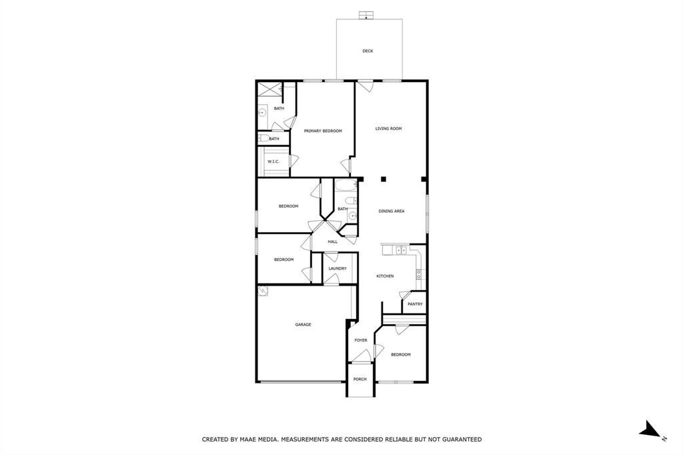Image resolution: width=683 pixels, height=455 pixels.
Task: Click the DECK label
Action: (368, 51)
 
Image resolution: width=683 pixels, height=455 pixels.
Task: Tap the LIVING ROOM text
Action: (388, 129)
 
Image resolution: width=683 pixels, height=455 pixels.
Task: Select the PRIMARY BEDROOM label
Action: (323, 131)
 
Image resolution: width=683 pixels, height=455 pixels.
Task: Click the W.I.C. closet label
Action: (273, 161)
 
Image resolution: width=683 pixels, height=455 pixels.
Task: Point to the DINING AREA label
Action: (392, 211)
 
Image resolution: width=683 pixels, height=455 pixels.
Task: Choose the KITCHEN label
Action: (385, 276)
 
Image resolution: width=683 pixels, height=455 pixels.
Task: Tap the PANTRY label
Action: (415, 304)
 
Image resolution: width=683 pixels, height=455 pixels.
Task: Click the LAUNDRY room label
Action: (337, 269)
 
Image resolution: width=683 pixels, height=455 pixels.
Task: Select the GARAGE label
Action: (303, 325)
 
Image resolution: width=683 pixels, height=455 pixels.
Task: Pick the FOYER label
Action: (361, 340)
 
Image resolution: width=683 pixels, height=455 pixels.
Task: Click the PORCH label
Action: (360, 380)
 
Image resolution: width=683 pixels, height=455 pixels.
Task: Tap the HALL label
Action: (332, 242)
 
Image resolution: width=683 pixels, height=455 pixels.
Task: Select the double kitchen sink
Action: (400, 250)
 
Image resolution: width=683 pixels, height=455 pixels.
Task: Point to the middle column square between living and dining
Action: (384, 179)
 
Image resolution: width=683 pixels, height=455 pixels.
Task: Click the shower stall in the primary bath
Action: (269, 89)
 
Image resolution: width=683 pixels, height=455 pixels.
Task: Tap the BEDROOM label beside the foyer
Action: (401, 355)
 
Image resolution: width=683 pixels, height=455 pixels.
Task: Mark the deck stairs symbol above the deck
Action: (366, 15)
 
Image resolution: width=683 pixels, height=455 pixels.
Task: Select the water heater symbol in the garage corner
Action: (263, 291)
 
